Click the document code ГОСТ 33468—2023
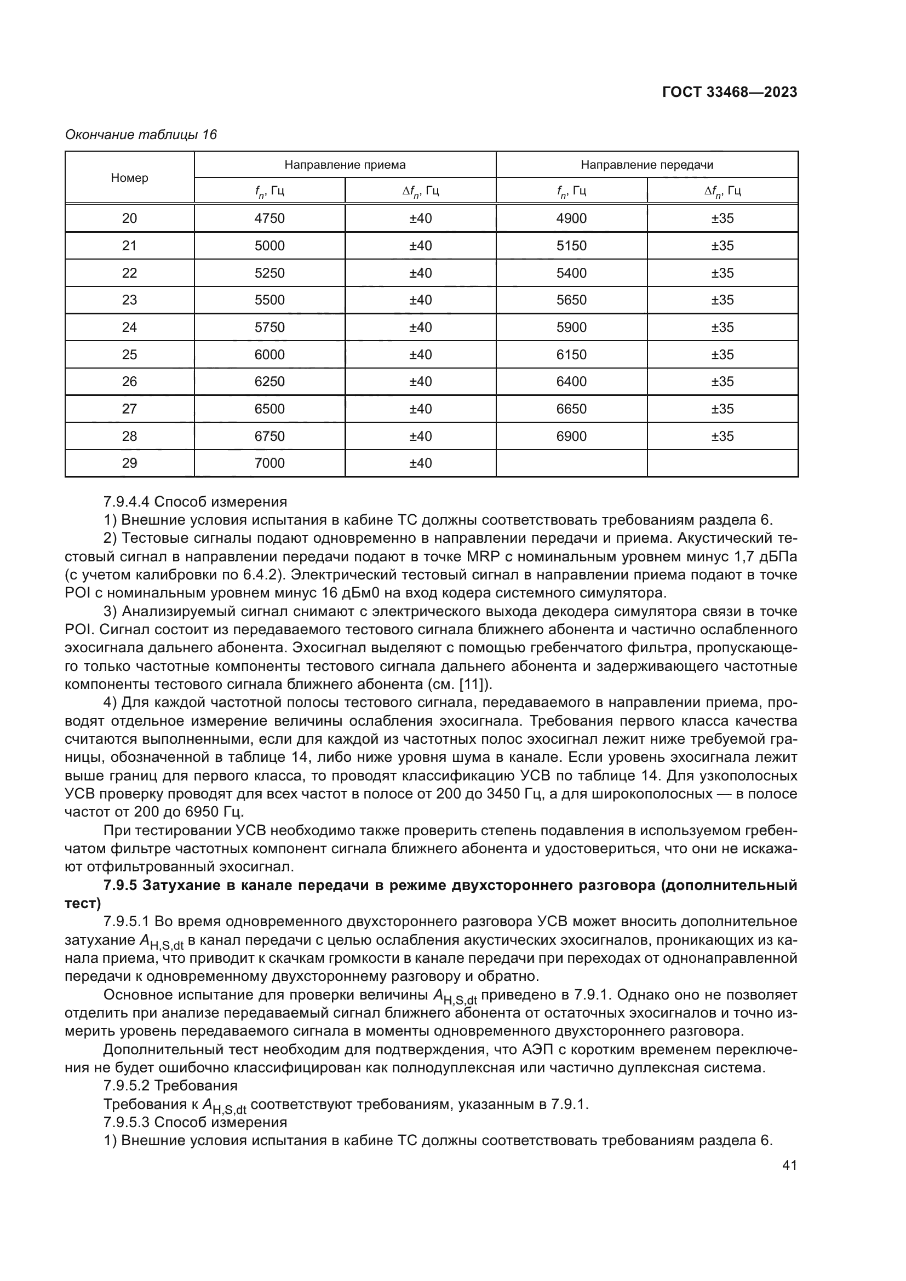(x=729, y=92)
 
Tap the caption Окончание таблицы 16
(x=141, y=135)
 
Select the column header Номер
(x=129, y=178)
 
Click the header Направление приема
(x=345, y=165)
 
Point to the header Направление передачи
(x=646, y=165)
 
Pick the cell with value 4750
(x=269, y=218)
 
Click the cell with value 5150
(x=571, y=245)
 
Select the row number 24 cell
(x=129, y=327)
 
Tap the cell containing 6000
(x=269, y=354)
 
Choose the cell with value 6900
(x=571, y=436)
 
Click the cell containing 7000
(x=269, y=463)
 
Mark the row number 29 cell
(x=129, y=463)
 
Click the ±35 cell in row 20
(x=722, y=218)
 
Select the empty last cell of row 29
(x=722, y=463)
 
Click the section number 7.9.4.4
(x=127, y=502)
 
